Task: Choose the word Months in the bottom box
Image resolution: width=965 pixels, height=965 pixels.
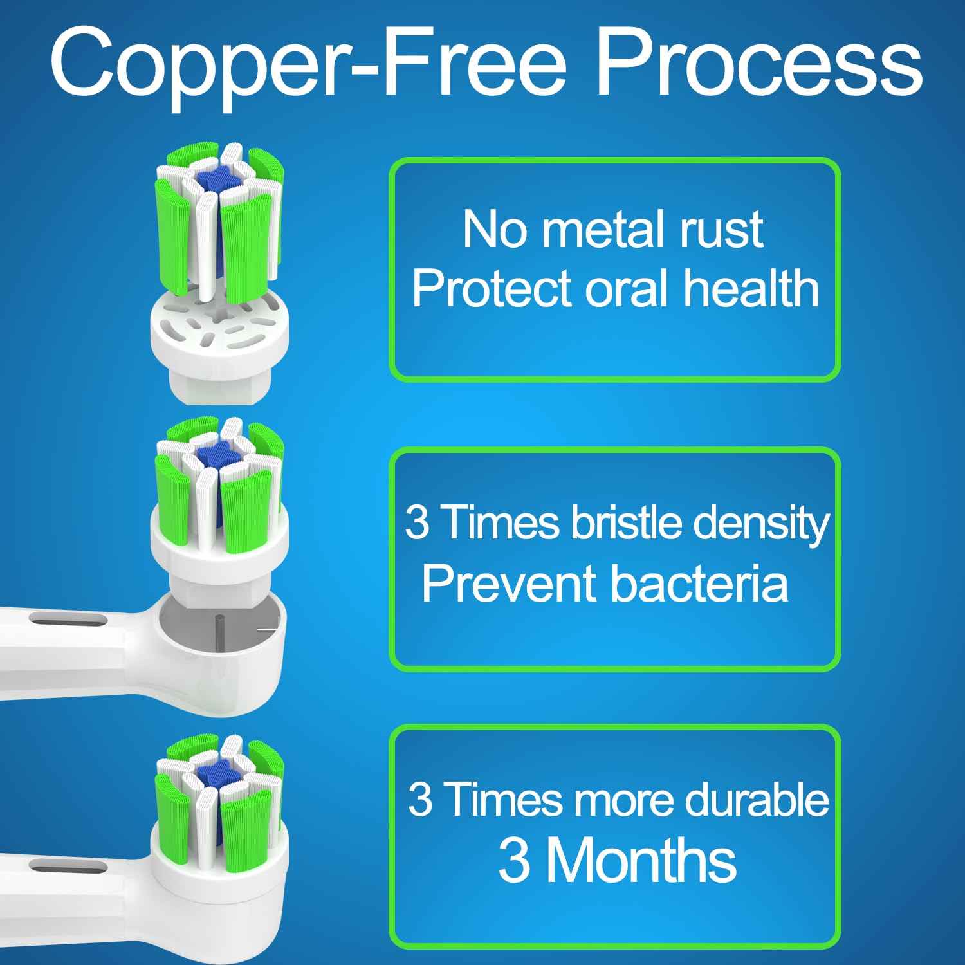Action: pos(641,861)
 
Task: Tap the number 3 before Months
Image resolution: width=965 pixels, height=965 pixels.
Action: pos(515,861)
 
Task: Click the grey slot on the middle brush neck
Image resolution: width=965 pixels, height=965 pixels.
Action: pos(69,620)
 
